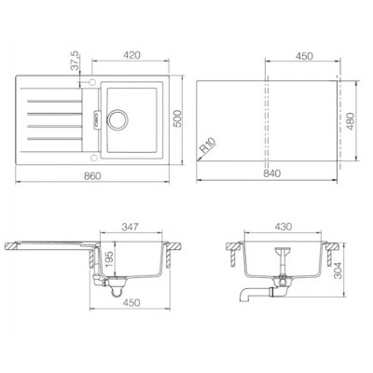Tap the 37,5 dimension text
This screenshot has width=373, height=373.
(x=75, y=64)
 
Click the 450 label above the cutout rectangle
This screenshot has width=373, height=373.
(x=304, y=54)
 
